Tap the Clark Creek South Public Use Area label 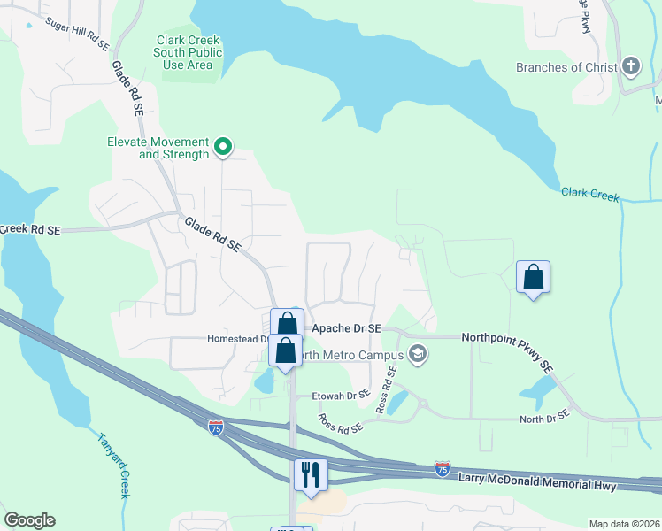click(188, 52)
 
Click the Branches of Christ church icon click(630, 67)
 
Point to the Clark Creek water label click(590, 196)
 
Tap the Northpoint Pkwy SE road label click(507, 350)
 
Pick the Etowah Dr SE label click(339, 396)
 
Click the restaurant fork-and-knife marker click(310, 473)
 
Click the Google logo click(29, 520)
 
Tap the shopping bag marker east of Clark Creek click(534, 277)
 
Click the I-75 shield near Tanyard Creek click(216, 427)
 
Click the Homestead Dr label click(237, 338)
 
